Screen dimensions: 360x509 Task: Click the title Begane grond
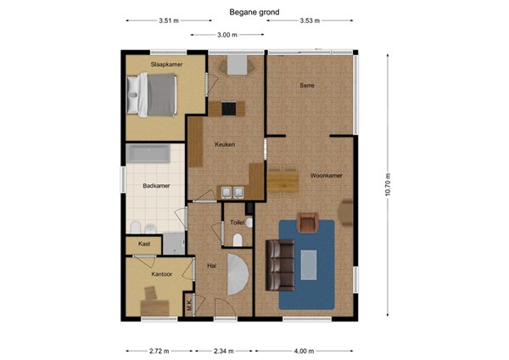tap(255, 12)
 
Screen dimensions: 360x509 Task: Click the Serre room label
tap(307, 86)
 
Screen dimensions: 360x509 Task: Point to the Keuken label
tap(223, 145)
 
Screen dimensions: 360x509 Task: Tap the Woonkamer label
tap(326, 176)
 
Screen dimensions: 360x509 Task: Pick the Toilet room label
tap(238, 222)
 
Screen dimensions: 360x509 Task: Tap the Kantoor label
tap(161, 274)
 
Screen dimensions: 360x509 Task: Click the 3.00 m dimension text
tap(227, 35)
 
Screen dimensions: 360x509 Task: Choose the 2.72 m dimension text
tap(159, 350)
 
